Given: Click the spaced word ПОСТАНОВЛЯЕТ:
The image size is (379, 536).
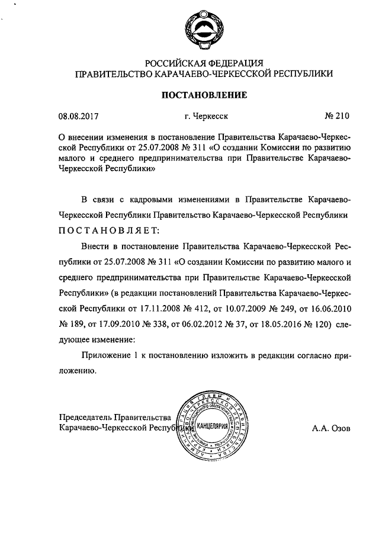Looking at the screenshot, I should (109, 229).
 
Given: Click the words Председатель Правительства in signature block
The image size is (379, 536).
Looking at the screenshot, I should (115, 417).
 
